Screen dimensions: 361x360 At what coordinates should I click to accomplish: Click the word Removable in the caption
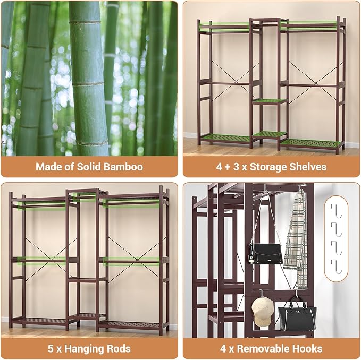click(x=263, y=348)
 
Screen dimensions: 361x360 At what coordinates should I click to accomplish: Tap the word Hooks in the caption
click(x=307, y=348)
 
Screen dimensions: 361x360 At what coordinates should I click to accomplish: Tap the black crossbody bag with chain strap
click(x=266, y=254)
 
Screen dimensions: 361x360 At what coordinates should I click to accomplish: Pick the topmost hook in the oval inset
click(x=336, y=211)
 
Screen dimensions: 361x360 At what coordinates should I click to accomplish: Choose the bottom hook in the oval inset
click(x=336, y=266)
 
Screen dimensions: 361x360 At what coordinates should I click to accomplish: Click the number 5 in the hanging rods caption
click(x=51, y=348)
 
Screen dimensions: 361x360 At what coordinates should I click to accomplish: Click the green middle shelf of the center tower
click(x=270, y=101)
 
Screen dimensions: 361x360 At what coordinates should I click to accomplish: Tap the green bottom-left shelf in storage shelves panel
click(x=225, y=138)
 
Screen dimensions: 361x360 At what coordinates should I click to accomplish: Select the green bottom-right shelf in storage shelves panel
click(x=311, y=144)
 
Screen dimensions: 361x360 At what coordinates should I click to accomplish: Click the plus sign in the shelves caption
click(x=227, y=167)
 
